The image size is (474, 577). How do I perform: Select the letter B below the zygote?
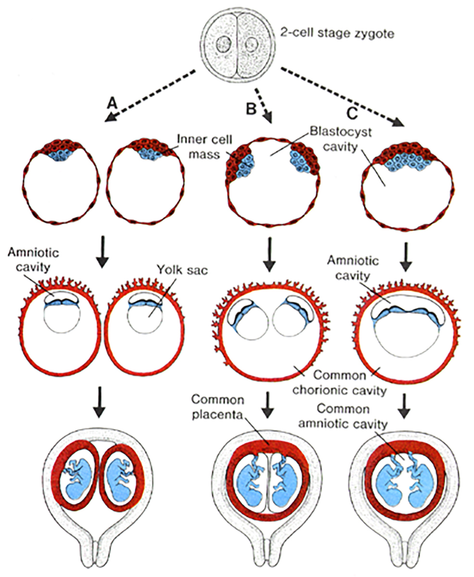(x=250, y=109)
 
